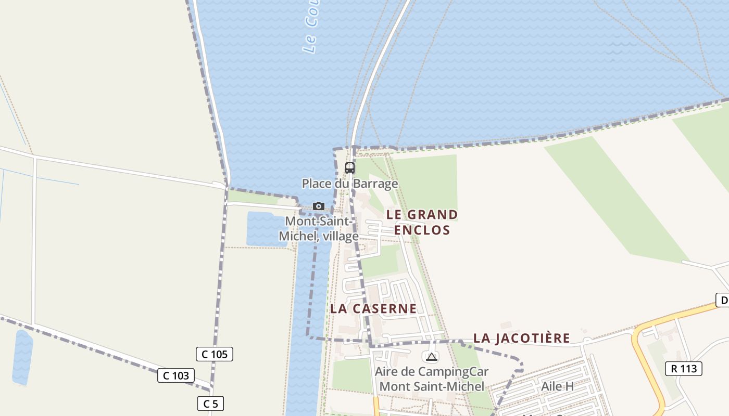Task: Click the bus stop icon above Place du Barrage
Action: coord(350,168)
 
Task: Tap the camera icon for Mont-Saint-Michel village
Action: coord(319,206)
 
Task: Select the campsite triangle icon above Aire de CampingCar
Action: coord(431,357)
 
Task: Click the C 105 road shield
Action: coord(215,354)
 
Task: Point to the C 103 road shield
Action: coord(176,375)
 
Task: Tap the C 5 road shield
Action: coord(210,404)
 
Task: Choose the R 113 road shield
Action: coord(684,369)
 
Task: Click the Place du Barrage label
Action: coord(350,184)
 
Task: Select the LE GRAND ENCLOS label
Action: coord(422,222)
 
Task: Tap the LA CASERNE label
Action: coord(373,308)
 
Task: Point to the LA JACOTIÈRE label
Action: coord(521,339)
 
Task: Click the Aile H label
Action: coord(557,386)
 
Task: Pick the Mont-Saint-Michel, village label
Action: coord(319,229)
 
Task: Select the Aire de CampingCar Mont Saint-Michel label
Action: coord(432,379)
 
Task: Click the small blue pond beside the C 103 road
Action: coord(22,358)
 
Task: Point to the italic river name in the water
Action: coord(311,29)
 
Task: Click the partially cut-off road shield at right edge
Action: coord(723,300)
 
